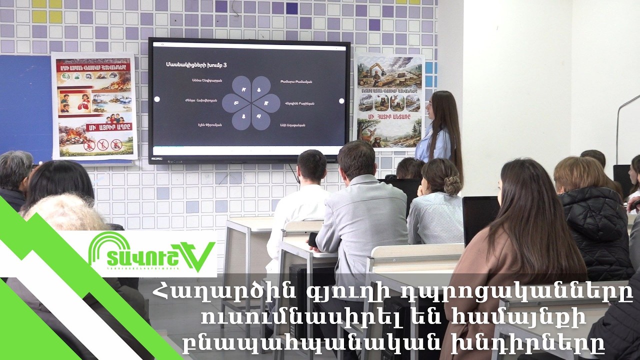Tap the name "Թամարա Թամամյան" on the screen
[296, 81]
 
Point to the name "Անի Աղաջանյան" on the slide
[292, 124]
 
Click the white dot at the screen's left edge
[157, 99]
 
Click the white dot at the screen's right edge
[341, 100]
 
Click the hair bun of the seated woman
[452, 186]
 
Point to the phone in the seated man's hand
[313, 239]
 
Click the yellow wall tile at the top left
[55, 16]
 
